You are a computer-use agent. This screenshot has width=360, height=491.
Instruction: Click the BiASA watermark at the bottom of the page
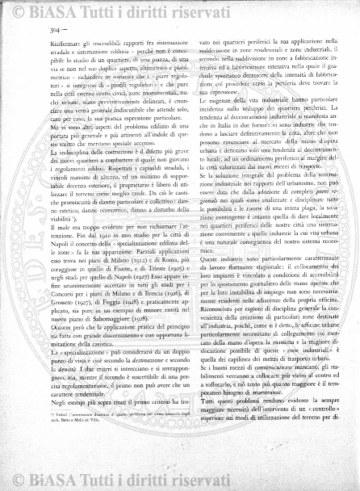coord(179,482)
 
